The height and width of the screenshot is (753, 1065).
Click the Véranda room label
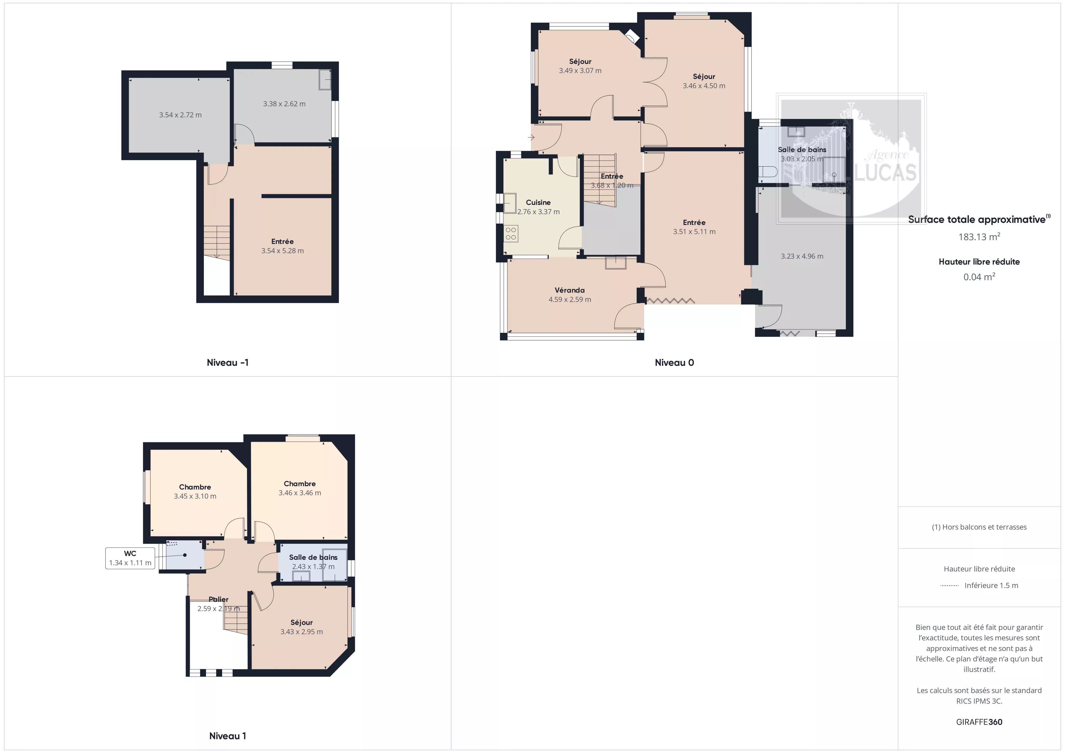pos(570,290)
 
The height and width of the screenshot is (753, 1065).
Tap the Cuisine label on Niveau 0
pos(538,202)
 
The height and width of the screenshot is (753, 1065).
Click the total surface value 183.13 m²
pos(979,237)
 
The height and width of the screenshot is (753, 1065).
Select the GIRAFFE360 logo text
pos(979,722)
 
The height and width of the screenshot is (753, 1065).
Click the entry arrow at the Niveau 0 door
pos(531,137)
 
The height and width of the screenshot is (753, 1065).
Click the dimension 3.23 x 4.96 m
pos(802,256)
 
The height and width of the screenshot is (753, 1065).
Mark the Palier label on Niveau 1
pos(218,599)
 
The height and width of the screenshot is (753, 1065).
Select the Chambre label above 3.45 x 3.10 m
pos(195,487)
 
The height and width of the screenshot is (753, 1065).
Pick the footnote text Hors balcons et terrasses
pos(984,527)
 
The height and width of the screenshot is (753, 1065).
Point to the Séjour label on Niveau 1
pos(302,622)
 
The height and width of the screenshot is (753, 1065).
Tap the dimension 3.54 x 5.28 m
pos(282,251)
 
